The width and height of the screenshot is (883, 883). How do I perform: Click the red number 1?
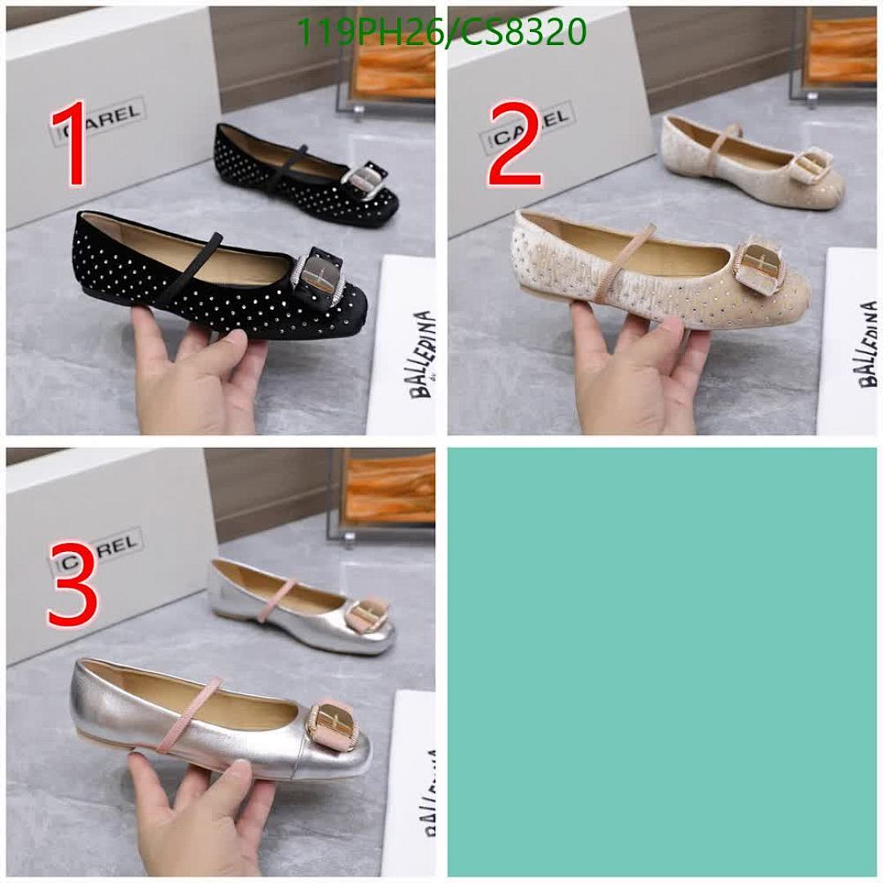pos(72,144)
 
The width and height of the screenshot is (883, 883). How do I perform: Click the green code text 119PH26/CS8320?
pos(441,32)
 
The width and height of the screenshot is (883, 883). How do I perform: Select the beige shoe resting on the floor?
pos(752,163)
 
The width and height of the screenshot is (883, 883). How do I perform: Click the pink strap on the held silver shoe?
pos(184,712)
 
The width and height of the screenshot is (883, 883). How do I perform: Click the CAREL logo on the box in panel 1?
pos(99,119)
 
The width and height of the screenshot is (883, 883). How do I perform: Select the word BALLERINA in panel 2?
pos(867,343)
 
